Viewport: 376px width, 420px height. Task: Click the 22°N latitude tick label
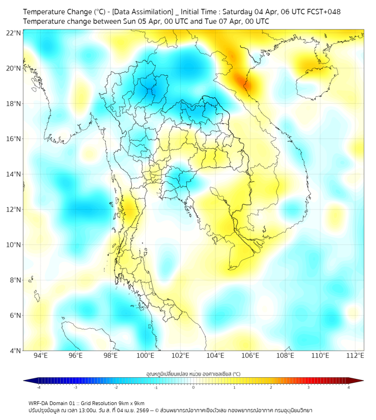(14, 33)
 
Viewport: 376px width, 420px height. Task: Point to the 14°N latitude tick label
(14, 174)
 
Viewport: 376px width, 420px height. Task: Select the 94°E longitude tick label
(41, 356)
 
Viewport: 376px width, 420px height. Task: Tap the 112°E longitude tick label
(355, 356)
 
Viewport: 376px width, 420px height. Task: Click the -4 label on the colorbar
(38, 387)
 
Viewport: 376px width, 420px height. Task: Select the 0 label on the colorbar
(194, 387)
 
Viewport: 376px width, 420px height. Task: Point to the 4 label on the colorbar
(348, 387)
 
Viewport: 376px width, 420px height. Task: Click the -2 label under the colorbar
(116, 387)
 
